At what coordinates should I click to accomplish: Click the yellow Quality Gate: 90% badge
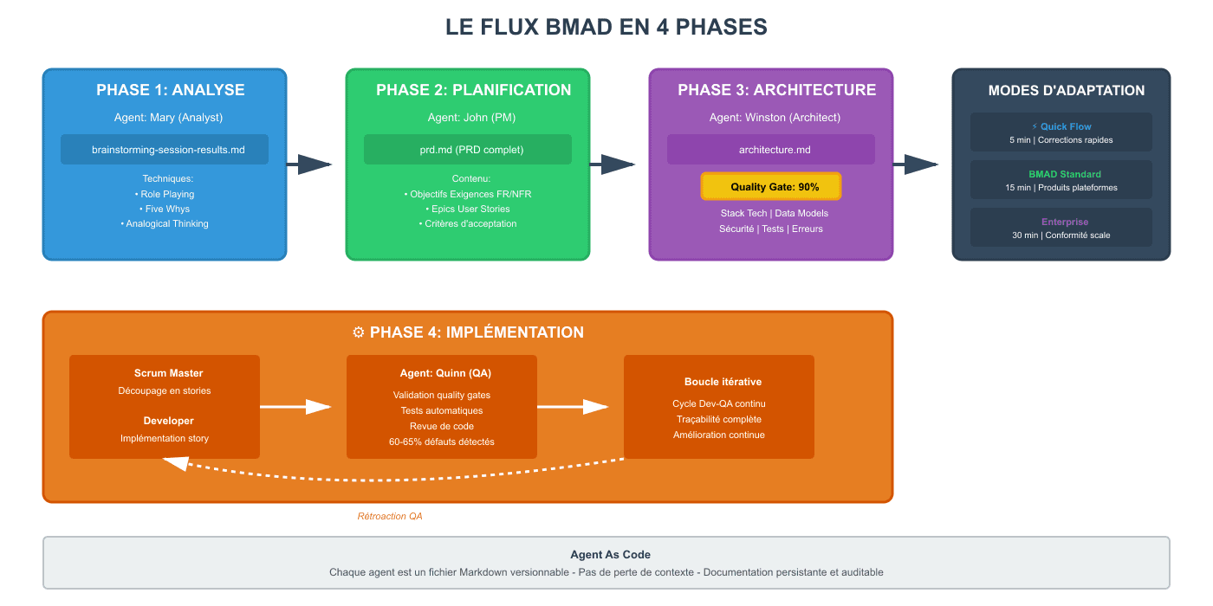770,187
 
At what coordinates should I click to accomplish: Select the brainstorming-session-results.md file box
165,150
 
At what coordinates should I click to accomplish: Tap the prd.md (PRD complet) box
468,150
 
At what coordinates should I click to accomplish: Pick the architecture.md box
770,150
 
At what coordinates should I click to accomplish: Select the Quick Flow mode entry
1061,132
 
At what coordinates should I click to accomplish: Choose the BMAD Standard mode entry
1061,180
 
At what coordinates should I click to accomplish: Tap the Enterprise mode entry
1061,228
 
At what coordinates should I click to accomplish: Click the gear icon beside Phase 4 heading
359,332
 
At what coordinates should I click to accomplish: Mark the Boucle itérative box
719,407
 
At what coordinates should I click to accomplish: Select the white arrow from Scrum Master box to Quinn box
295,407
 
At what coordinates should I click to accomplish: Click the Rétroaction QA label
390,516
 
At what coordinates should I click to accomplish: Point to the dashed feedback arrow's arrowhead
173,464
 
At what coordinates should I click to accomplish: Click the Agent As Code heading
610,555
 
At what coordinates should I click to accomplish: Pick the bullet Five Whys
165,209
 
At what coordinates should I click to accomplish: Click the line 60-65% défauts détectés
442,442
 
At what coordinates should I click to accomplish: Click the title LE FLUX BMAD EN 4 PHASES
606,27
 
